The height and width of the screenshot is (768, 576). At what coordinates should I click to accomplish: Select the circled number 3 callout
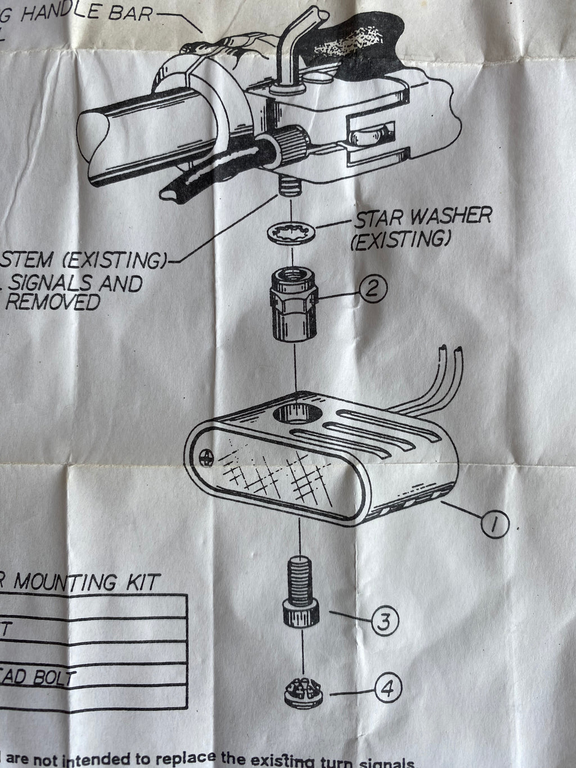point(385,621)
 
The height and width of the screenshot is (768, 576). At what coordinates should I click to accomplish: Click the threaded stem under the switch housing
point(287,200)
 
